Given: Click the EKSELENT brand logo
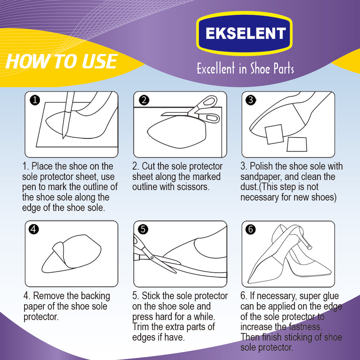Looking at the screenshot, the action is [244, 33].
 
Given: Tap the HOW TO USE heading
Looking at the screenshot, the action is [62, 61].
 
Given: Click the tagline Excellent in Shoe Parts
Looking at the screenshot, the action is [245, 68].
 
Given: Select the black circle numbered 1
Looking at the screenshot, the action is [35, 100].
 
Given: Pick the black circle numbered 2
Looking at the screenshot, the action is [144, 100].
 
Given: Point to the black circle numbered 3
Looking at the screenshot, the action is [251, 100].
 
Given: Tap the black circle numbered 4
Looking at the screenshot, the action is [34, 229].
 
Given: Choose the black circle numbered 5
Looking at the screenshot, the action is [143, 229].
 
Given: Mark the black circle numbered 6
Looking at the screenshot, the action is [251, 229].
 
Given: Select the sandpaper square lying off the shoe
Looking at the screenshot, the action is [297, 144].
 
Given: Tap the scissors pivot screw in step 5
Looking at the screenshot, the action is [152, 258].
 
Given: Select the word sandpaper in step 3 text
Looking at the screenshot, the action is [261, 177].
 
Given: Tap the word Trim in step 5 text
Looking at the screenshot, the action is [140, 327].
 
